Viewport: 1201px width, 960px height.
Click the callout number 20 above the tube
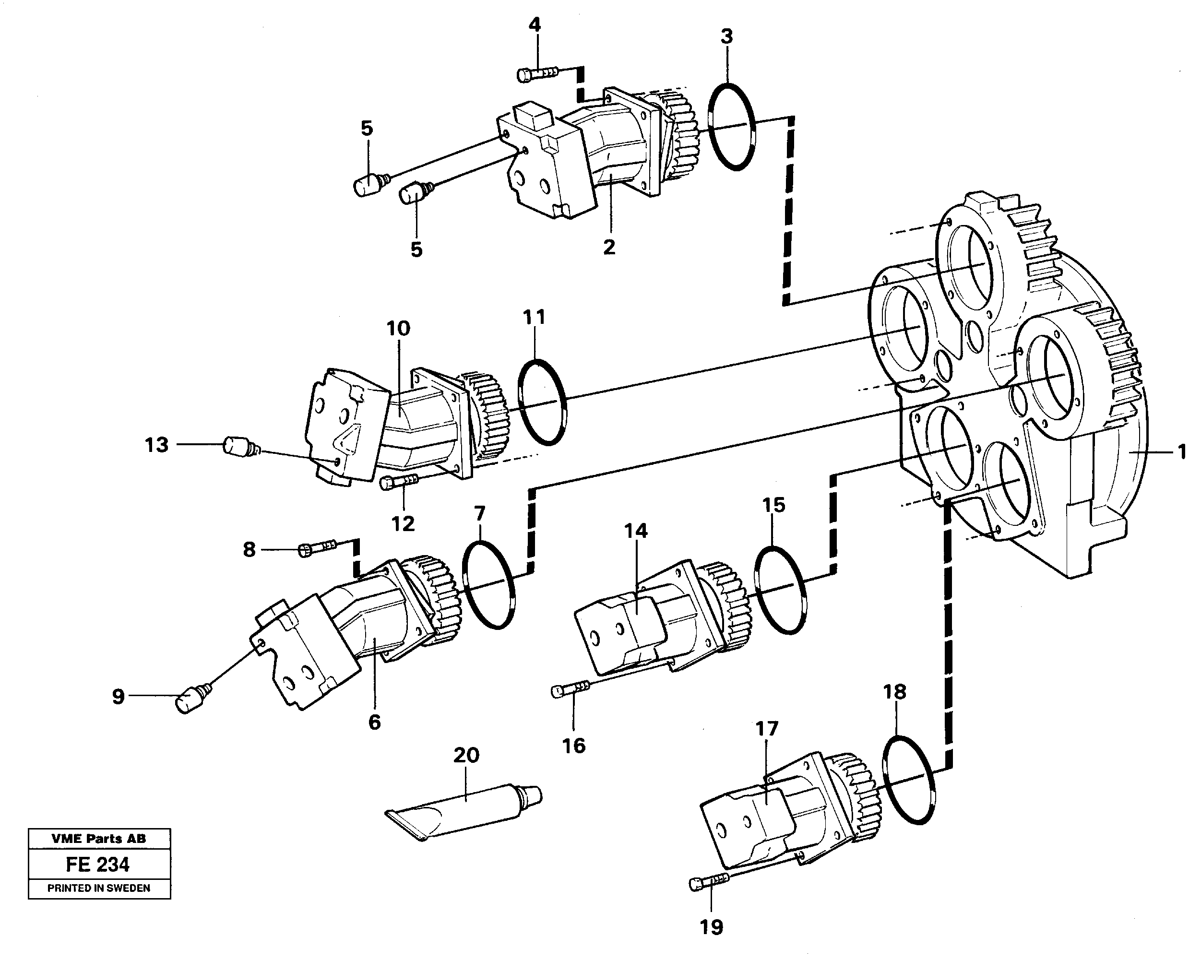point(466,756)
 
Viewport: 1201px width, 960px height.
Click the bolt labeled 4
point(537,74)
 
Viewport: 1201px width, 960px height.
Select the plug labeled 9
point(190,700)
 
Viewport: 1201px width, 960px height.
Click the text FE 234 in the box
point(98,865)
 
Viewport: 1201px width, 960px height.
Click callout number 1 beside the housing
point(1181,452)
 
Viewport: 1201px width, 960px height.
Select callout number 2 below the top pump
point(609,247)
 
